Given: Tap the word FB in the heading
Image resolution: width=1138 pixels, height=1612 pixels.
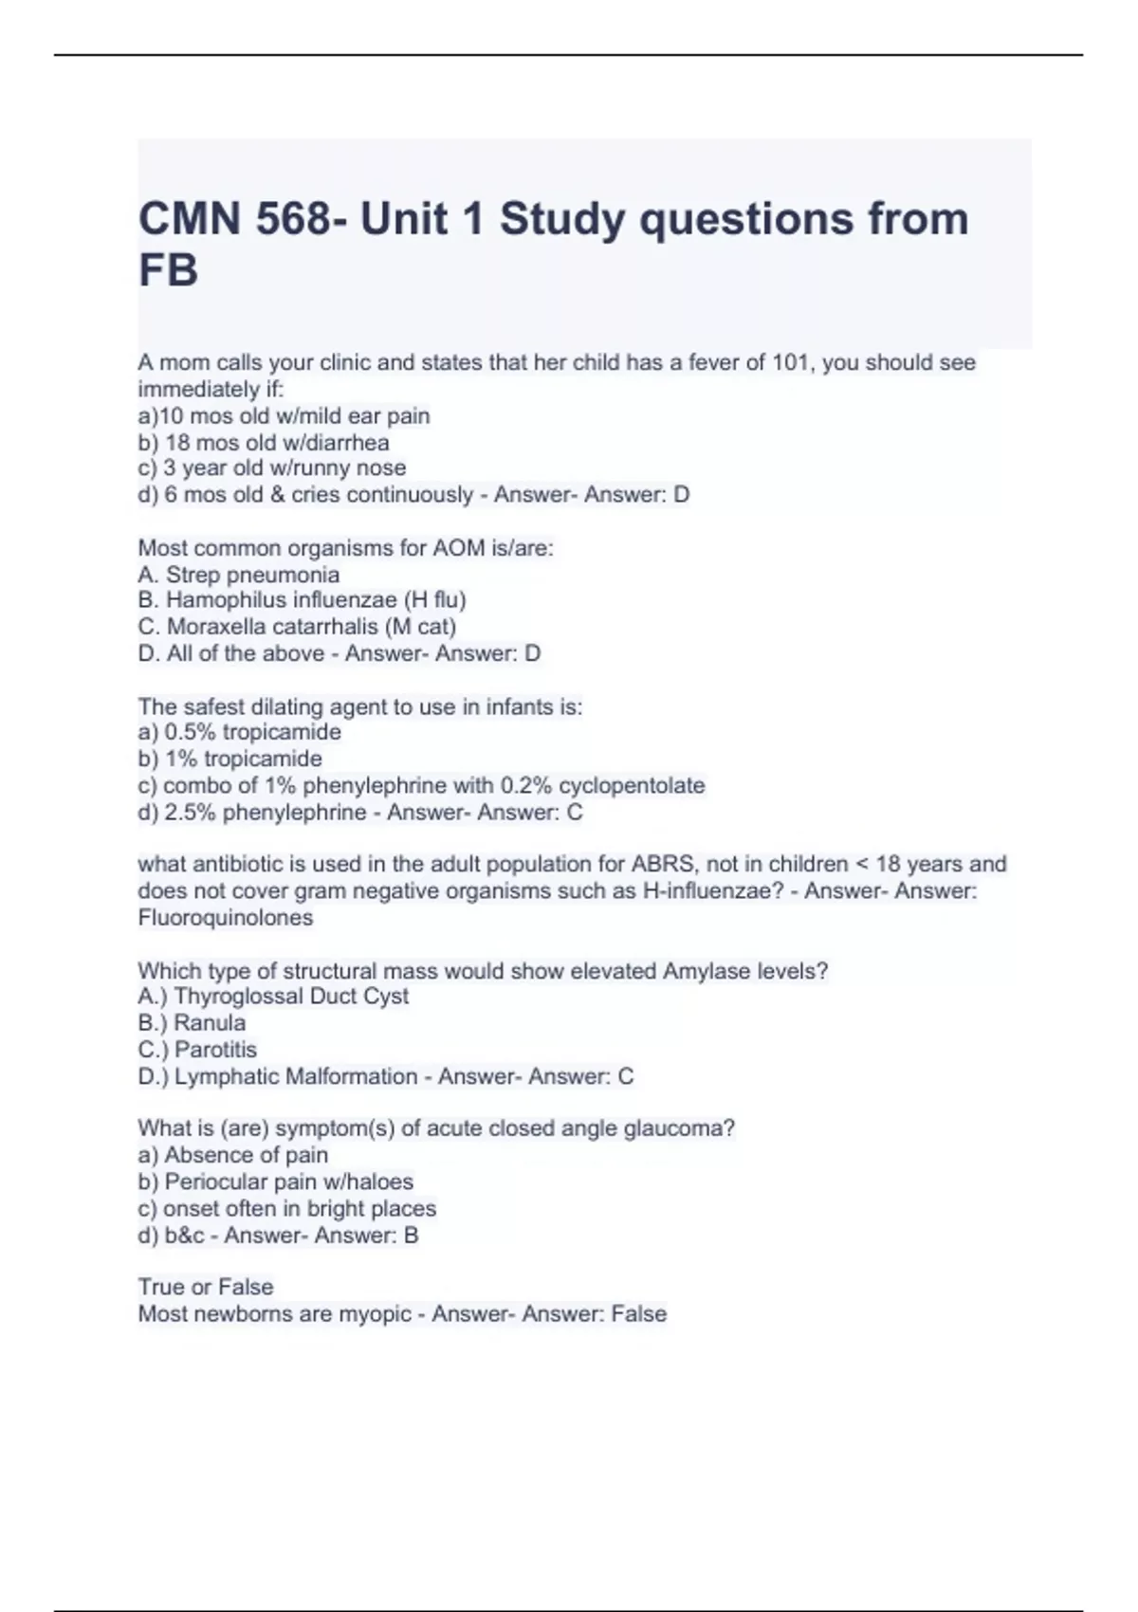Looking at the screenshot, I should tap(169, 271).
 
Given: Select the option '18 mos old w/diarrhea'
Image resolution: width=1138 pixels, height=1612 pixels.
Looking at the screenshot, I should tap(264, 443).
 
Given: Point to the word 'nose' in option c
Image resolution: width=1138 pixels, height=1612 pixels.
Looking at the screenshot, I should tap(380, 468).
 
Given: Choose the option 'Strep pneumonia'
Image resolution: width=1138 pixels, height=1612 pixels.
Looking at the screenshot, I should tap(239, 575).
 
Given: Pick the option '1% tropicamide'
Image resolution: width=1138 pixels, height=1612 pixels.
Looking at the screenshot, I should tap(230, 760).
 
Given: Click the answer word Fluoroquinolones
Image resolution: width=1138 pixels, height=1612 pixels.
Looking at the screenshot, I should tap(226, 918).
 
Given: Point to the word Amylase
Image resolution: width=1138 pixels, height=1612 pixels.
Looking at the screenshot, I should tap(706, 971).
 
